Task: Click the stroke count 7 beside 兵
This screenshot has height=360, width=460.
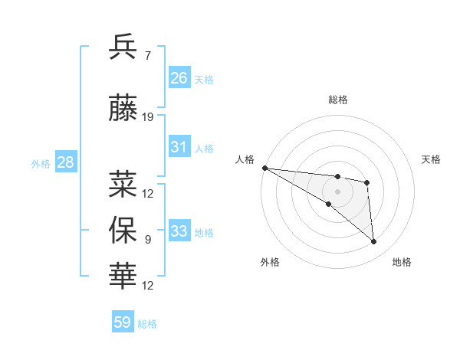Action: [148, 55]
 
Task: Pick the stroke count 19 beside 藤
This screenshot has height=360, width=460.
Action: [148, 117]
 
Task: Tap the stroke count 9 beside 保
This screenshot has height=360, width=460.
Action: [148, 240]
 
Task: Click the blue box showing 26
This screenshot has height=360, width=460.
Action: [179, 77]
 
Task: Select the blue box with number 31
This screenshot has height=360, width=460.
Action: [179, 147]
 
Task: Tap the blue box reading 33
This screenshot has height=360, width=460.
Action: [179, 231]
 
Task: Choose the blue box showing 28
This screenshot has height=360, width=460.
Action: [65, 162]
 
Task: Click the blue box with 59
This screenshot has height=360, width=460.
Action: [123, 322]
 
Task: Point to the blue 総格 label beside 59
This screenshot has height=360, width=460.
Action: [147, 324]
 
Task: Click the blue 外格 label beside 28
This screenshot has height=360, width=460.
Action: [41, 164]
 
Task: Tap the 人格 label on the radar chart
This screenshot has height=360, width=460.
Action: [245, 159]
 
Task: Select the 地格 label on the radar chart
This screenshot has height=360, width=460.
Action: [402, 262]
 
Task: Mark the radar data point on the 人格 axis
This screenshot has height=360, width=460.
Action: [264, 168]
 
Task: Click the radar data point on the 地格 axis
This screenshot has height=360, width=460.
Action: [374, 242]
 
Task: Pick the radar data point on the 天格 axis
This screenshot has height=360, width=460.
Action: [367, 182]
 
